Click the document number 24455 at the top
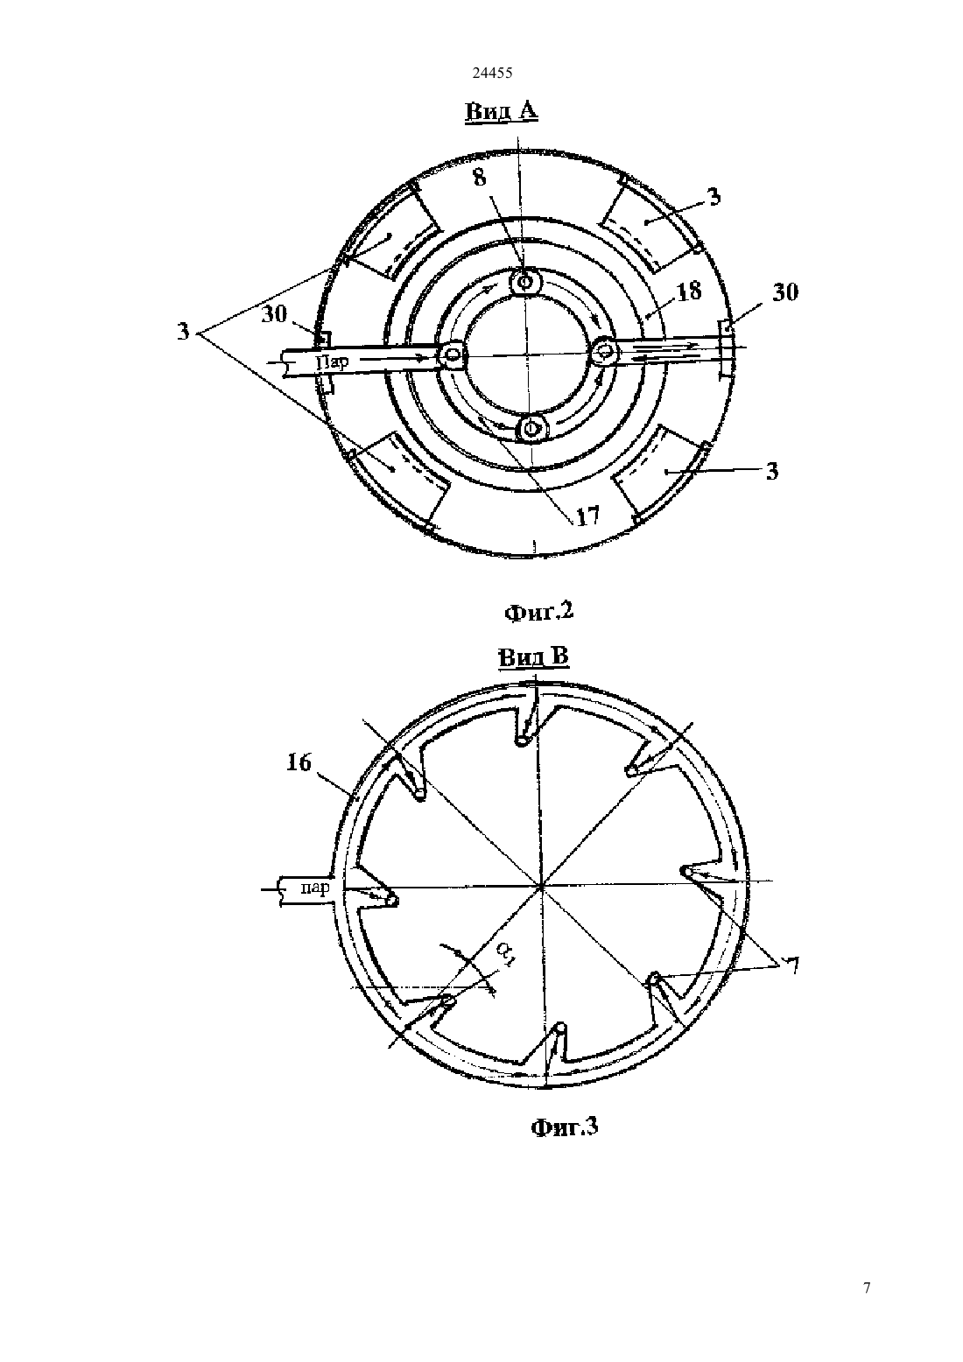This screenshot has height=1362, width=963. (492, 73)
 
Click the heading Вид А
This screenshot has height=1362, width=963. (502, 112)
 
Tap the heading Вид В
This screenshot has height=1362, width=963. (534, 657)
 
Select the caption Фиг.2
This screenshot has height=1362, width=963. (538, 611)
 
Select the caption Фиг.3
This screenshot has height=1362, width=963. (564, 1127)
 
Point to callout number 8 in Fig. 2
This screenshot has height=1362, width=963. (480, 177)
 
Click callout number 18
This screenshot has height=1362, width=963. (689, 291)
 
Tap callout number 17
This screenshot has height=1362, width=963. (587, 516)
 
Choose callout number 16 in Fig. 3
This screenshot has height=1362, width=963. (299, 762)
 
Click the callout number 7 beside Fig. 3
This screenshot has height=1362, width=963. (792, 965)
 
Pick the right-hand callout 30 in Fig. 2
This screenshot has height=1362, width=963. (785, 292)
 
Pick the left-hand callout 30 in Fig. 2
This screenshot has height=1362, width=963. (274, 314)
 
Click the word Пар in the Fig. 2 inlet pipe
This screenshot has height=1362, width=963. (333, 362)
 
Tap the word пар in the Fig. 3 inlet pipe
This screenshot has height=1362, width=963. (315, 888)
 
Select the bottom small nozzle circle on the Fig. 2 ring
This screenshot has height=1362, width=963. (532, 428)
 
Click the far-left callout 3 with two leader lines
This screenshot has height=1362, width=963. (183, 332)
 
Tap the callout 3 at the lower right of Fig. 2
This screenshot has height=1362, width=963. (771, 471)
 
